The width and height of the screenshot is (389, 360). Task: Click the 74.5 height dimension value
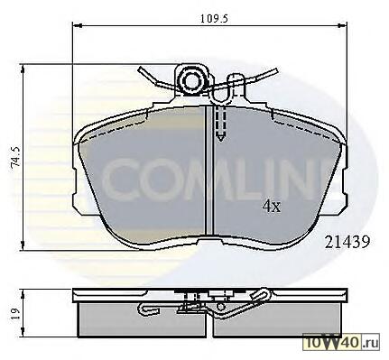pyautogui.click(x=15, y=157)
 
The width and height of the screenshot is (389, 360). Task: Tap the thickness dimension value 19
pyautogui.click(x=15, y=314)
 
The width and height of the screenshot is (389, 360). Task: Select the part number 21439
pyautogui.click(x=347, y=242)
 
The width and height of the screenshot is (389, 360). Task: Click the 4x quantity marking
pyautogui.click(x=272, y=207)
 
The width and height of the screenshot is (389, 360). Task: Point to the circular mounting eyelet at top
pyautogui.click(x=191, y=80)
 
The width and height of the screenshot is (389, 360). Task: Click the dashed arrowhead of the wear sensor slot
pyautogui.click(x=221, y=137)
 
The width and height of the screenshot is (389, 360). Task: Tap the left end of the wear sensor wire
pyautogui.click(x=140, y=69)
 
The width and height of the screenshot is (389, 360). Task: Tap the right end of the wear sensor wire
pyautogui.click(x=276, y=71)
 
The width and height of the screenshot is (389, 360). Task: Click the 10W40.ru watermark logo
pyautogui.click(x=341, y=342)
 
